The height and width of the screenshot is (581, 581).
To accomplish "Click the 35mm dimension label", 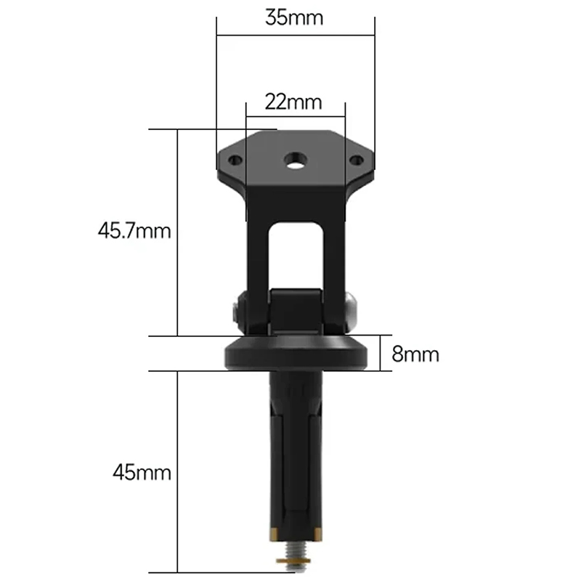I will coord(294,18).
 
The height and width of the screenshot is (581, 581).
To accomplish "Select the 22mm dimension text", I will coord(293,102).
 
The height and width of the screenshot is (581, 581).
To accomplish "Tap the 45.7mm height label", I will coord(134,232).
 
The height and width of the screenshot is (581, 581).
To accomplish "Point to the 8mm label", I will coord(415,354).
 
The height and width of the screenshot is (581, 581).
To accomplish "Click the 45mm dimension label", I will coord(142,473).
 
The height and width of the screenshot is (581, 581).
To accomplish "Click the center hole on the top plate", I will coord(295,158).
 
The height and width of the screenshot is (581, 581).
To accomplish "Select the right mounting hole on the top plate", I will coord(356,160).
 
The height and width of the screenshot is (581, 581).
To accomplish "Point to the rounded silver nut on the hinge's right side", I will coord(352,309).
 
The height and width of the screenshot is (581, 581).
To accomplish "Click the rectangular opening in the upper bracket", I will coord(295,254).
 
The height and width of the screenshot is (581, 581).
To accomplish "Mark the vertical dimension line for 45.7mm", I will coord(178,232).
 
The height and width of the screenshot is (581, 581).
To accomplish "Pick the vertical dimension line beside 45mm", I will coord(178,472).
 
